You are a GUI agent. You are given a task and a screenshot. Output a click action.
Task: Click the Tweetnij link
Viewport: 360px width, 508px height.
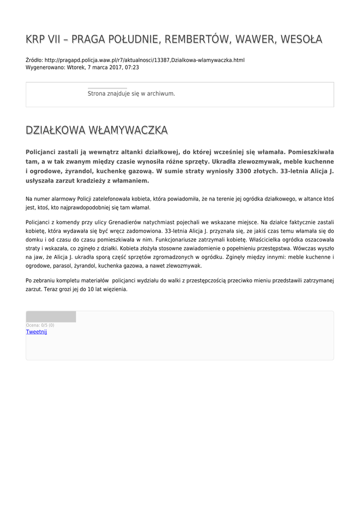(36, 332)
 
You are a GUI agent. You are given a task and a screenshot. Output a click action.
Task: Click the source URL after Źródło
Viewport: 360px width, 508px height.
(144, 60)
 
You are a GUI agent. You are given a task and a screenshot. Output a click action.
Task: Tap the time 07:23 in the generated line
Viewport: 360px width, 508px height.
(132, 67)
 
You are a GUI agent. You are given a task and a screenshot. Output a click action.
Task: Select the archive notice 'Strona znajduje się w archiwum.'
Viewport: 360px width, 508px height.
(131, 93)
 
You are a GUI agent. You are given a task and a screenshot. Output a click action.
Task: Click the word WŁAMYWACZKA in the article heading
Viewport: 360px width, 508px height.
(128, 130)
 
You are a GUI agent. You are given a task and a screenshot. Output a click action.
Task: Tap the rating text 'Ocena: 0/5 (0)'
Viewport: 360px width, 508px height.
(40, 325)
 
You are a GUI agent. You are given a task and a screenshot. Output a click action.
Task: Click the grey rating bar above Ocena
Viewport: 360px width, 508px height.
(51, 317)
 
